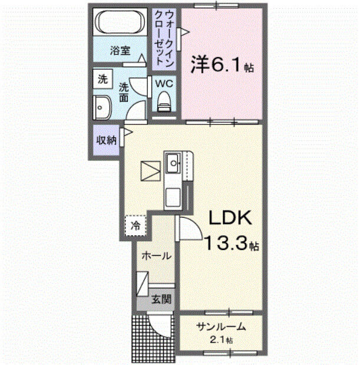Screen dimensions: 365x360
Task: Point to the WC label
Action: (163, 83)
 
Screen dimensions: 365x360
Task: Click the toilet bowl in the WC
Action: (163, 102)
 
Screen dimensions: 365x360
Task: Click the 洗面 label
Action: (124, 91)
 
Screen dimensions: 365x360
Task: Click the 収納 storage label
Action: (105, 140)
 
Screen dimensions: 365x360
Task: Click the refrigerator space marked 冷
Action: (136, 225)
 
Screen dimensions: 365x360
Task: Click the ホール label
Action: (156, 256)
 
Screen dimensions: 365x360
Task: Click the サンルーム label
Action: (221, 328)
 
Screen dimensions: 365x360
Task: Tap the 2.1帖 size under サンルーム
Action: (222, 340)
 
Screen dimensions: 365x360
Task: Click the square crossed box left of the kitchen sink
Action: (151, 170)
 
